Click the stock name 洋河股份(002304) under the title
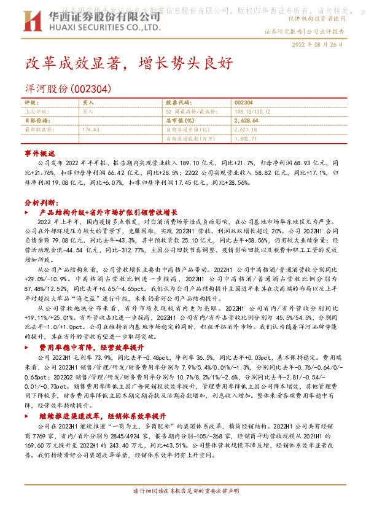67,89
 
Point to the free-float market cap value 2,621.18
246,130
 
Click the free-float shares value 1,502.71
244,139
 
